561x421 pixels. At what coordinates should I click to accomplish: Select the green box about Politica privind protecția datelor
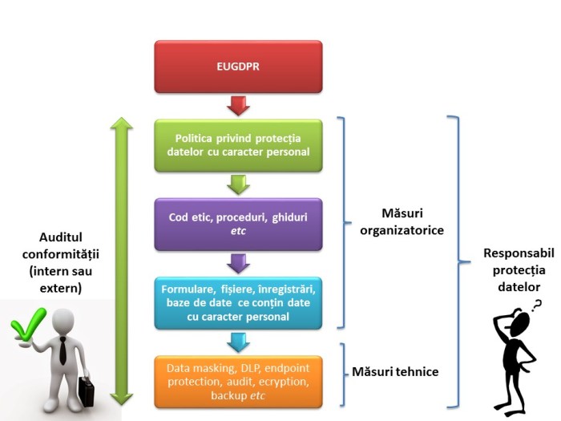coord(238,145)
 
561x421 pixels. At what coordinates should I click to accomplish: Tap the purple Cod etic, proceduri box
coord(238,224)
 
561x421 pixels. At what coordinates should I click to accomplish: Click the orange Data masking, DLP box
coord(238,382)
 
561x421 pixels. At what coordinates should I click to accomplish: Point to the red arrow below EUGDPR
coord(238,105)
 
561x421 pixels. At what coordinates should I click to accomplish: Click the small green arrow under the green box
coord(238,184)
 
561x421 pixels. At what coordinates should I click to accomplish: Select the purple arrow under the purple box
coord(238,263)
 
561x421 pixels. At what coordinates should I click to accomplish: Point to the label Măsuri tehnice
coord(395,373)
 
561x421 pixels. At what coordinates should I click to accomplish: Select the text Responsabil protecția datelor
coord(514,269)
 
